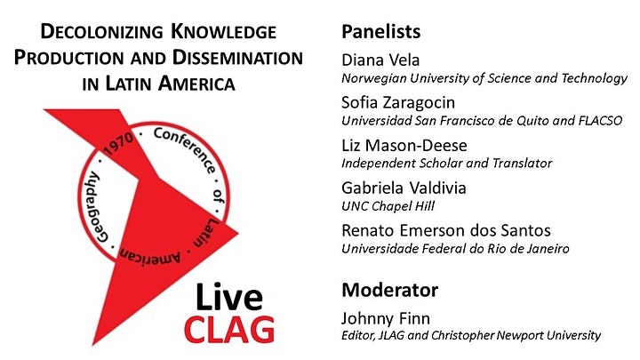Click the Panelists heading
tap(380, 32)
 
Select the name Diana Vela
tap(380, 60)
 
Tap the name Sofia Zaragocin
tap(398, 103)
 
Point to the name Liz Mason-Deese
tap(404, 145)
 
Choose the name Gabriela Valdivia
tap(404, 188)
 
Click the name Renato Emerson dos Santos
tap(446, 230)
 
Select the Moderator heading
tap(390, 290)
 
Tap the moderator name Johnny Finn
tap(385, 318)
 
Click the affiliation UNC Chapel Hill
tap(388, 206)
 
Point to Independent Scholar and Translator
tap(446, 164)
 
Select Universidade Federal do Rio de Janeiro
tap(455, 249)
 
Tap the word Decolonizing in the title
tap(101, 32)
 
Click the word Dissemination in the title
tap(237, 58)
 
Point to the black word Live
tap(229, 297)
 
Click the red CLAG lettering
tap(229, 329)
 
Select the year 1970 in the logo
tap(118, 144)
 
